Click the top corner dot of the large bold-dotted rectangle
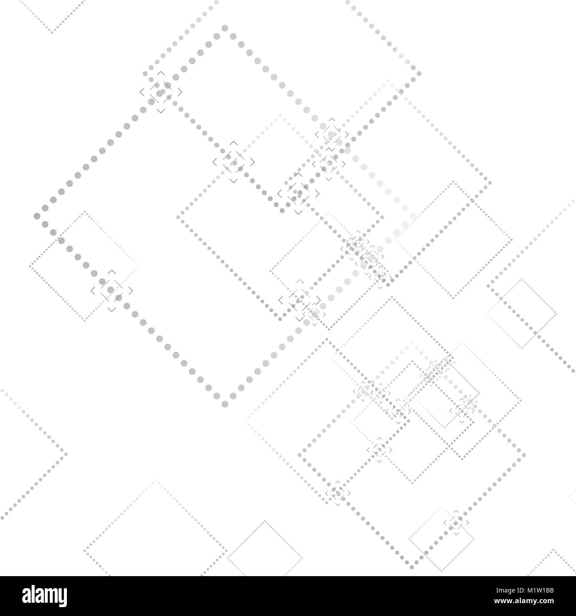coord(225,28)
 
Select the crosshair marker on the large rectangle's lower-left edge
coord(112,290)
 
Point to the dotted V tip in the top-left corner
coord(52,32)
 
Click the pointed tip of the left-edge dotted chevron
coord(66,453)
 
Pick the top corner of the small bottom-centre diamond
coord(265,522)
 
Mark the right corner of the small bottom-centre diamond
coord(302,558)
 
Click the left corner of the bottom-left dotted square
coord(85,553)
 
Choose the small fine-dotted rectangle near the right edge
coord(522,313)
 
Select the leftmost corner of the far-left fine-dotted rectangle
coord(30,266)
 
